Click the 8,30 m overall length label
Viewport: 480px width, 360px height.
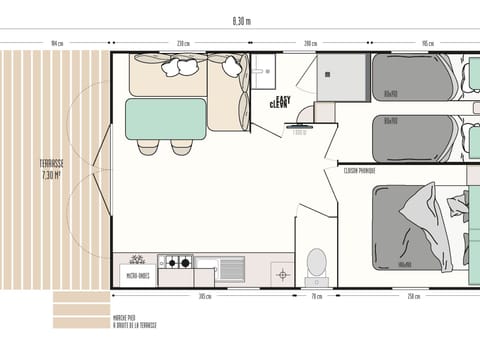pos(240,20)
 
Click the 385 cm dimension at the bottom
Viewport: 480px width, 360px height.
pos(204,296)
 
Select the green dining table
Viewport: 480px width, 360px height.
pos(166,118)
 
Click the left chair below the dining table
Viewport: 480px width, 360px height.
pos(149,146)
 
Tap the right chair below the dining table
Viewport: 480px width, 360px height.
pos(182,146)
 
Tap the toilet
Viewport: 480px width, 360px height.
pos(315,263)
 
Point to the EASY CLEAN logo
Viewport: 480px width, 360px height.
pos(281,101)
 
